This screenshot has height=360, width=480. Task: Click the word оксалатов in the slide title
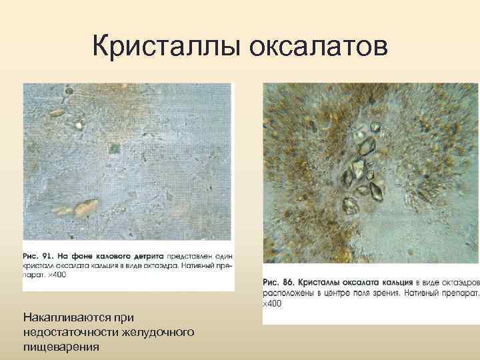(317, 46)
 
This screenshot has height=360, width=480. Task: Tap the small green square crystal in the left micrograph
(115, 147)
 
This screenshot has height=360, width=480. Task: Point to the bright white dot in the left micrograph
(79, 124)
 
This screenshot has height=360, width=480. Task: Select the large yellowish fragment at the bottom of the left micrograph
(85, 208)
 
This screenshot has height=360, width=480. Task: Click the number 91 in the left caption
(49, 256)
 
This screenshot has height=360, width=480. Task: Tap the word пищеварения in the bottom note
(61, 346)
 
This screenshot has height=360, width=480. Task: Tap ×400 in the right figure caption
(271, 304)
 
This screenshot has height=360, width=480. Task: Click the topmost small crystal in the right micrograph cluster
(375, 126)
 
